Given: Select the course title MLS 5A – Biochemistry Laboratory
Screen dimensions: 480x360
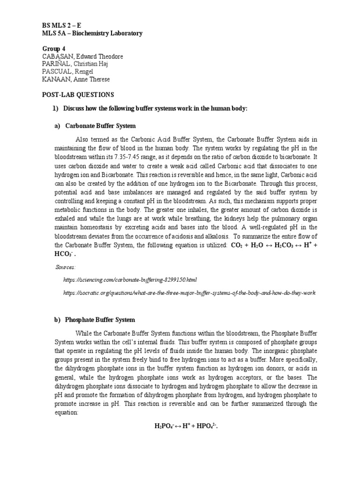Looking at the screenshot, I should coord(90,33).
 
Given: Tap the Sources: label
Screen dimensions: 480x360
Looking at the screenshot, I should coord(66,267).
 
